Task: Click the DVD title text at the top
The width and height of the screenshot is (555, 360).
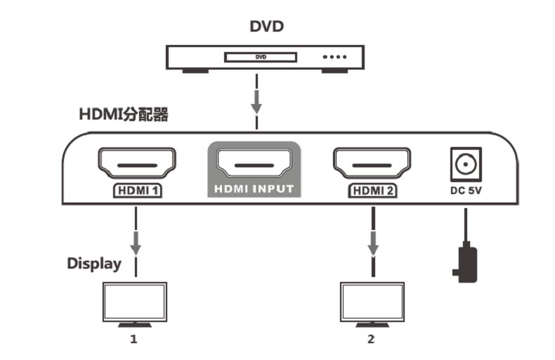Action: (266, 26)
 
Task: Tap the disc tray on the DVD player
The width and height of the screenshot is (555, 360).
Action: (261, 57)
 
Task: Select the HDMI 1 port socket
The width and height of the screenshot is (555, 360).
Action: (136, 163)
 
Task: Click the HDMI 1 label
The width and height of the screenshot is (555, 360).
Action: (137, 191)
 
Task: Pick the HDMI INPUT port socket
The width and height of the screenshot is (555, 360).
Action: (254, 163)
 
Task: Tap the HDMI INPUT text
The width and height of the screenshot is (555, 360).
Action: (254, 189)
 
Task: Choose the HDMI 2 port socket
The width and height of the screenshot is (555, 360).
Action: (372, 163)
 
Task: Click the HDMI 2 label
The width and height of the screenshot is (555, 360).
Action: (373, 191)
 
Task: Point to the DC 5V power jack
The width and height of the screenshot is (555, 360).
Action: (466, 165)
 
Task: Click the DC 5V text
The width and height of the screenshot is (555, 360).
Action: (466, 191)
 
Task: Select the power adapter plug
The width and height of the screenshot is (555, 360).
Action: (466, 262)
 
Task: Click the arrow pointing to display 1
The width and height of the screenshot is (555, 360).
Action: (136, 243)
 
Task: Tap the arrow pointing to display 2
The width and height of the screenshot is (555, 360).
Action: (372, 243)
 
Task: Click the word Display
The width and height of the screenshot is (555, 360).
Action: (94, 264)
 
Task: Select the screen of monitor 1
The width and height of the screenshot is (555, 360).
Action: (135, 302)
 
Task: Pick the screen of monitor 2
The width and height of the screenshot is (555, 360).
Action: (372, 302)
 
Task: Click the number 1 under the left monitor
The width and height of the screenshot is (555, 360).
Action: (133, 340)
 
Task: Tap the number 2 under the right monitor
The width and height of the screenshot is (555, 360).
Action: (371, 340)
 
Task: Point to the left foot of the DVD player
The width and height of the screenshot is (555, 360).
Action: (195, 71)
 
